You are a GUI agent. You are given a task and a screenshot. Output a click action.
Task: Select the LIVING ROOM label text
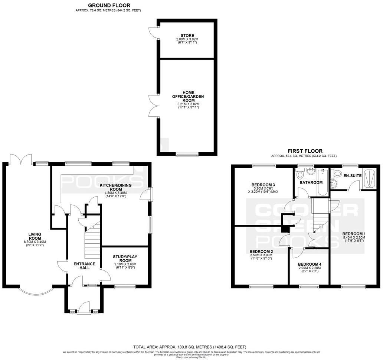coord(35,236)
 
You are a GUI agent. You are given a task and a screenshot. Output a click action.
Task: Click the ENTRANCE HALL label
coord(85,266)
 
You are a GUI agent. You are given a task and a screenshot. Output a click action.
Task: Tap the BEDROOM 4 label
coord(309,265)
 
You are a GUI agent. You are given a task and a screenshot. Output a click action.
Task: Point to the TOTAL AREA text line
coord(189,347)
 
